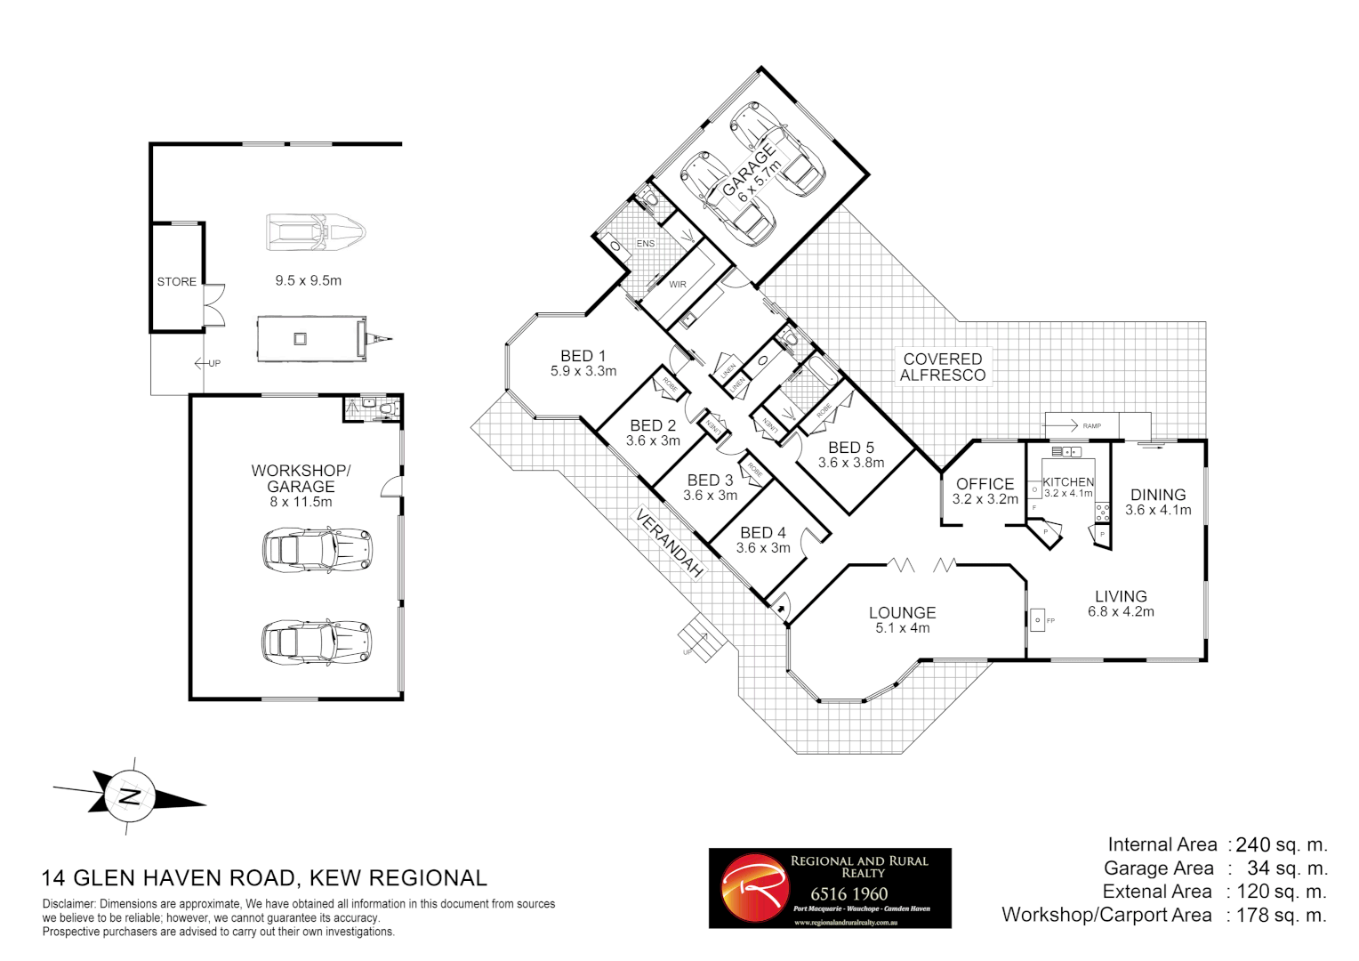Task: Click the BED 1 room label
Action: point(583,356)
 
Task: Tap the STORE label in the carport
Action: point(176,282)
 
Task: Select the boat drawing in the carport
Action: point(316,232)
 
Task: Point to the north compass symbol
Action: point(130,796)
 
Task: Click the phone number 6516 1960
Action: point(848,893)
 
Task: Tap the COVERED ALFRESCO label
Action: point(943,367)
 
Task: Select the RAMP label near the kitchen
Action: point(1092,426)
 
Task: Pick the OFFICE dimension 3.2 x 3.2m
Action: point(985,499)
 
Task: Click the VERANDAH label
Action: point(670,543)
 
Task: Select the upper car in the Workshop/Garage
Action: point(316,549)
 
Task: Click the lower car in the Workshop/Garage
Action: point(316,642)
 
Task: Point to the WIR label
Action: point(678,285)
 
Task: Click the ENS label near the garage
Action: point(646,243)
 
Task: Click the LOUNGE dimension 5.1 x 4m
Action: point(902,628)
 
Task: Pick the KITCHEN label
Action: point(1068,481)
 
